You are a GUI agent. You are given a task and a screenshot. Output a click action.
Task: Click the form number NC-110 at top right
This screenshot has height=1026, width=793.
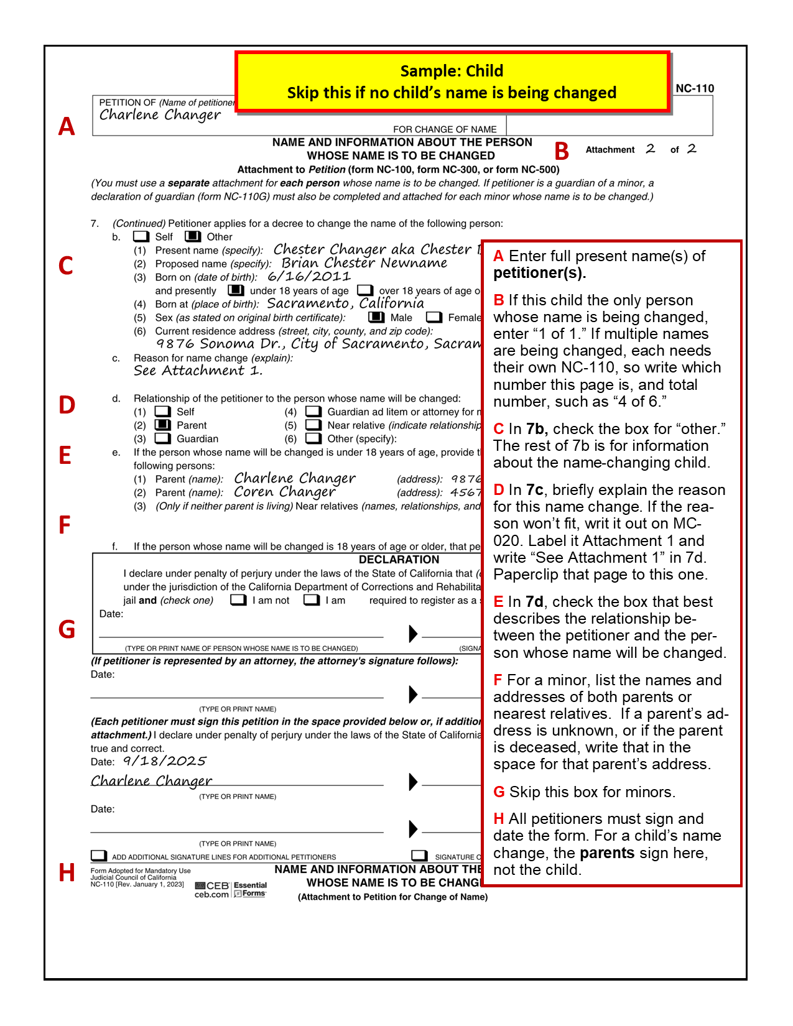point(694,88)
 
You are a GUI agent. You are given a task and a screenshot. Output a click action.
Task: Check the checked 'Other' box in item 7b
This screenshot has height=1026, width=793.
point(193,236)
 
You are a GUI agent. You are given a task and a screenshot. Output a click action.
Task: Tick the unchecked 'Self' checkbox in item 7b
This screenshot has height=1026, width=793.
point(141,236)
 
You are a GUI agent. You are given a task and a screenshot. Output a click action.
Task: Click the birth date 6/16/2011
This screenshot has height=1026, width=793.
point(309,277)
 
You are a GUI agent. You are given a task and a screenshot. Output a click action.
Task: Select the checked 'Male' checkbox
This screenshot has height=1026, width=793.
point(376,317)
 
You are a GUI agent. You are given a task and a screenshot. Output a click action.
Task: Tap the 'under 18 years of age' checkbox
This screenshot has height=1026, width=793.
point(236,290)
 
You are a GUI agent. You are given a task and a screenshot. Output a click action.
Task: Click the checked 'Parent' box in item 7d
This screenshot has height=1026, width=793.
point(163,425)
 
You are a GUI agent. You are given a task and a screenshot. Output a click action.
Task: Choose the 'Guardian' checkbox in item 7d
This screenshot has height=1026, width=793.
point(163,438)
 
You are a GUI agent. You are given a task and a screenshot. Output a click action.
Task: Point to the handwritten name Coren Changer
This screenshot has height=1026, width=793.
point(285,492)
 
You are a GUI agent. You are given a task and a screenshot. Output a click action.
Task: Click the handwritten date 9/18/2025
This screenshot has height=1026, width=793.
point(164,761)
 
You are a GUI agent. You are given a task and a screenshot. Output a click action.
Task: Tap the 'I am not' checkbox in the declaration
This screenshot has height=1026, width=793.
point(238,600)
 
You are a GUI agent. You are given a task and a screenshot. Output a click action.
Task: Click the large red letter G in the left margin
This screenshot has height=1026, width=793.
point(67,629)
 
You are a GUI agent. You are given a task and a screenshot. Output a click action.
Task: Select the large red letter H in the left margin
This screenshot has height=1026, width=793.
point(67,873)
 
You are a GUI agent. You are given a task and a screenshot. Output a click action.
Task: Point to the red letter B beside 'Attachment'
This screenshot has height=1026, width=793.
point(562,151)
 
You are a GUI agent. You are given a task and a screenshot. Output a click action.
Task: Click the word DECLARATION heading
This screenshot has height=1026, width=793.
point(399,560)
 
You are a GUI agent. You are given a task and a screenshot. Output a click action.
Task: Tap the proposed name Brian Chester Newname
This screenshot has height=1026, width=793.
point(364,263)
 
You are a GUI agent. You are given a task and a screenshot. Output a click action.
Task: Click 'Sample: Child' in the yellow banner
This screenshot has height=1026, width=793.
point(452,71)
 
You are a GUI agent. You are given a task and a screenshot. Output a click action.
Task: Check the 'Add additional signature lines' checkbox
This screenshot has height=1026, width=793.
point(99,856)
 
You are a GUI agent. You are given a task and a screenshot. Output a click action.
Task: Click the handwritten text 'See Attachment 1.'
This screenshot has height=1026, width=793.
point(198,371)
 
